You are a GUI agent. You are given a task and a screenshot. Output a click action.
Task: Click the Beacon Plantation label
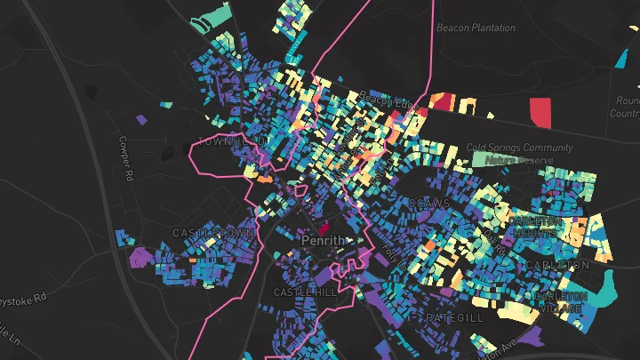(476, 28)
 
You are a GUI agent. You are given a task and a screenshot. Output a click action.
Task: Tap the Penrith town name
(322, 241)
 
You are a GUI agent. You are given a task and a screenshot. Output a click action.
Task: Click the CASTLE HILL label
(306, 292)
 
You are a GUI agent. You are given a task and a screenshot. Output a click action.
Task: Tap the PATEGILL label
(454, 317)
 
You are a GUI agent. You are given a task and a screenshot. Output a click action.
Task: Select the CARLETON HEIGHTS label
(535, 227)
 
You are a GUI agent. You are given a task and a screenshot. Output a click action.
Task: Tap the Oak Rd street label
(492, 240)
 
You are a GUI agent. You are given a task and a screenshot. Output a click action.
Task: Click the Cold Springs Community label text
(517, 148)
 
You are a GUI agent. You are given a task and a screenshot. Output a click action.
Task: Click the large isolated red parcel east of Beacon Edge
(540, 113)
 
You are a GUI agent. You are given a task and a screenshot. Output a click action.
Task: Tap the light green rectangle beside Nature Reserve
(484, 159)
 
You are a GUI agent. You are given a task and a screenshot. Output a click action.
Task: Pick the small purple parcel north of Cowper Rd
(140, 118)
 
